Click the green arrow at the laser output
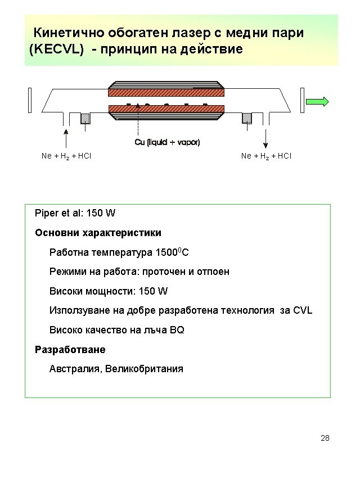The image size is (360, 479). point(318,102)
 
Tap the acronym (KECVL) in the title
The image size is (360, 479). point(56,49)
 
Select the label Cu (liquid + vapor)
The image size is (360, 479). point(167,142)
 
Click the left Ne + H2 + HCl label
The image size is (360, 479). point(66,156)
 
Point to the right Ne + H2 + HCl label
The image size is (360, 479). point(266,156)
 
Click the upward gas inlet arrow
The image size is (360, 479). point(66,138)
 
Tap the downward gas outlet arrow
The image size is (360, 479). point(266,138)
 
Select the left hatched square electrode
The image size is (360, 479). point(85,118)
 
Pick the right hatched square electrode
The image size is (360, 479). point(246,118)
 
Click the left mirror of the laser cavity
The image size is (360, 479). point(29,100)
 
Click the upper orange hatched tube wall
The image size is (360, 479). point(166,92)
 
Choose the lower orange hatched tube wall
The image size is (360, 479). point(166,109)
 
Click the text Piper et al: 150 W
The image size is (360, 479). point(75,214)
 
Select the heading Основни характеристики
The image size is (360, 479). point(98,233)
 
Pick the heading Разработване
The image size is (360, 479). point(70,350)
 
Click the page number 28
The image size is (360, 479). point(325,438)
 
